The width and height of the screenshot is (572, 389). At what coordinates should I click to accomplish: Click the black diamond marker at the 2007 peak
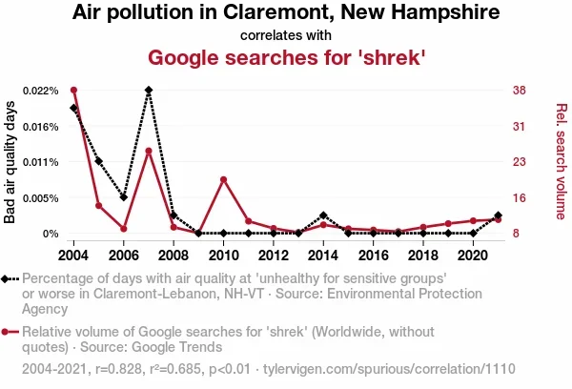(x=149, y=91)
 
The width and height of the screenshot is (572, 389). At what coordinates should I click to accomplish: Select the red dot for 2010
(x=223, y=179)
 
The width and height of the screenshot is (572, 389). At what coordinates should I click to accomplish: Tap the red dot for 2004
(x=74, y=91)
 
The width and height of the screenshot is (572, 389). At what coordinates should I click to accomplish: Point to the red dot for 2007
(x=149, y=151)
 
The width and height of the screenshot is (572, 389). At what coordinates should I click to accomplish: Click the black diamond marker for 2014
(x=323, y=215)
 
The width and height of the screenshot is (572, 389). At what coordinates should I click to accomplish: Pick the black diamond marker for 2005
(x=99, y=162)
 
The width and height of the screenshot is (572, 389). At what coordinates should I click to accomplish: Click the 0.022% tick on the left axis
(x=41, y=91)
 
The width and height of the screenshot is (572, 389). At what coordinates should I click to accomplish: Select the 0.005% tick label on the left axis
(x=41, y=198)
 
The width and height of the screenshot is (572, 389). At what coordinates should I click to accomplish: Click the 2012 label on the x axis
(x=273, y=256)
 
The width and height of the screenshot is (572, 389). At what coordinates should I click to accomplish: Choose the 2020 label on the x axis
(x=472, y=256)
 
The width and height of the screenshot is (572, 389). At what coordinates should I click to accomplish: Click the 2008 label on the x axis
(x=174, y=256)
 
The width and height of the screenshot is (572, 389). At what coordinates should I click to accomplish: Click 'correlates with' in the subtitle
(x=286, y=36)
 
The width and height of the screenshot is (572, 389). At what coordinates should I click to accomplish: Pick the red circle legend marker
(x=8, y=333)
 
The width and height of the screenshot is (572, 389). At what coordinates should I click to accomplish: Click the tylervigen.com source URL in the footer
(x=389, y=368)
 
